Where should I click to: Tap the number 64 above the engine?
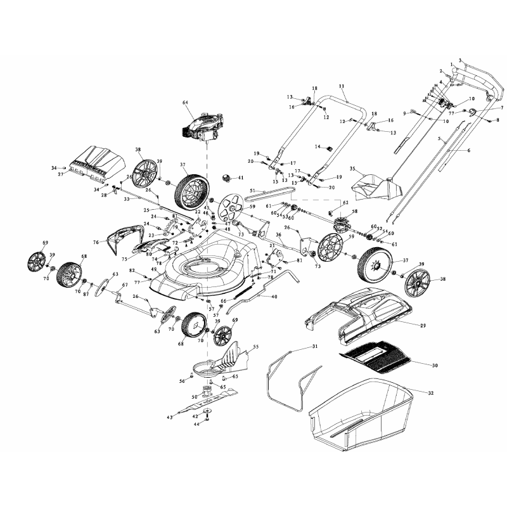[186, 102]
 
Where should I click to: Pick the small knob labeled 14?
[330, 148]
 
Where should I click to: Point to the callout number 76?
[95, 241]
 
